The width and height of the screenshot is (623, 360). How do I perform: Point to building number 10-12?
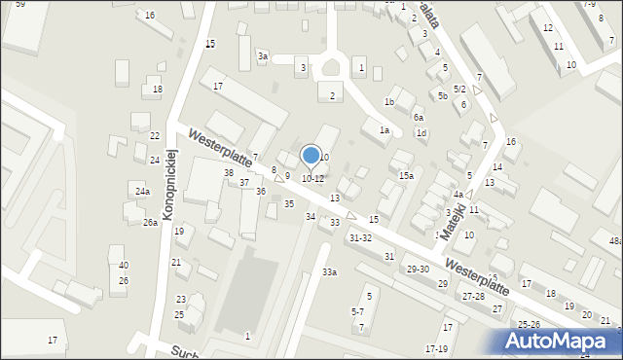[312, 179]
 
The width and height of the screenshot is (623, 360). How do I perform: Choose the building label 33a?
[330, 272]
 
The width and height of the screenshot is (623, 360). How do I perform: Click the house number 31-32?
[360, 237]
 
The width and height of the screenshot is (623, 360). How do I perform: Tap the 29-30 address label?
[418, 270]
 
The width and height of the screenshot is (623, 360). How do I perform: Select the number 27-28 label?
[474, 295]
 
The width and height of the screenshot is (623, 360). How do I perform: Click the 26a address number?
[150, 223]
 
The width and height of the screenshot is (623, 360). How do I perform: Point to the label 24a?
[142, 192]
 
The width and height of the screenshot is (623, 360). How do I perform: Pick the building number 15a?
[406, 176]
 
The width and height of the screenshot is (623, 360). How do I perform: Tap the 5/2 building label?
[459, 89]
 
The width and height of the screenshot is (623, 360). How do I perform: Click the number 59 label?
[20, 5]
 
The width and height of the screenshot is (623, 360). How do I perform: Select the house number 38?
[229, 173]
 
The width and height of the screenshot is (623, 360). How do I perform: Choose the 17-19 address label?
[436, 348]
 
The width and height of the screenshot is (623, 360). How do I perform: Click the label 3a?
[263, 56]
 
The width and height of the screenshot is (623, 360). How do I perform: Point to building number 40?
[124, 266]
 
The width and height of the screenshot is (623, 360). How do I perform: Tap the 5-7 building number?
[357, 311]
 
